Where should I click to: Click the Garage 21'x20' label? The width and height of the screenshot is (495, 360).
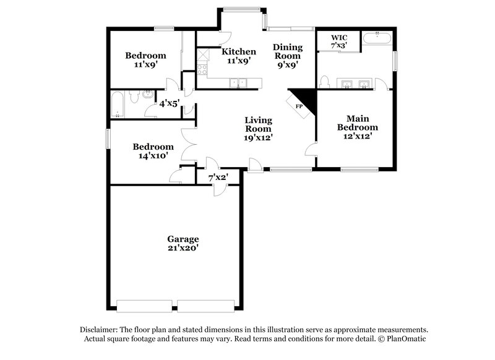[x=183, y=243]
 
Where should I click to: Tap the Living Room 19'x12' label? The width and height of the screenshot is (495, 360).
[x=258, y=129]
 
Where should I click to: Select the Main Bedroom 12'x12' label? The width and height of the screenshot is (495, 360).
[x=357, y=126]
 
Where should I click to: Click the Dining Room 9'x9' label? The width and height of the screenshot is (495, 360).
[x=288, y=55]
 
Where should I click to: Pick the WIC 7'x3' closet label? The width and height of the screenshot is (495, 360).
[x=338, y=41]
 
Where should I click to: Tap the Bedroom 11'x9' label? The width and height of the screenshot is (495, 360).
[x=145, y=59]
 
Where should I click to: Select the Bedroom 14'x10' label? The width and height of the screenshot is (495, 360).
[x=152, y=152]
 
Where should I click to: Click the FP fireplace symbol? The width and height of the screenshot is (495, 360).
[x=299, y=106]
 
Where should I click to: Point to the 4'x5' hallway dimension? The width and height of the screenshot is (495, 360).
[x=170, y=104]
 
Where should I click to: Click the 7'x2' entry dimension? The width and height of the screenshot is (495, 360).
[x=218, y=178]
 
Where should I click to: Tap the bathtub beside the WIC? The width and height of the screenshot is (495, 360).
[x=377, y=38]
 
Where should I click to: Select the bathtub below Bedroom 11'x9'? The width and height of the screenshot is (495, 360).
[x=118, y=105]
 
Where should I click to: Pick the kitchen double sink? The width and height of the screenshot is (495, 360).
[x=238, y=82]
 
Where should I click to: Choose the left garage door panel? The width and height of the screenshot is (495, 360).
[x=144, y=306]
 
